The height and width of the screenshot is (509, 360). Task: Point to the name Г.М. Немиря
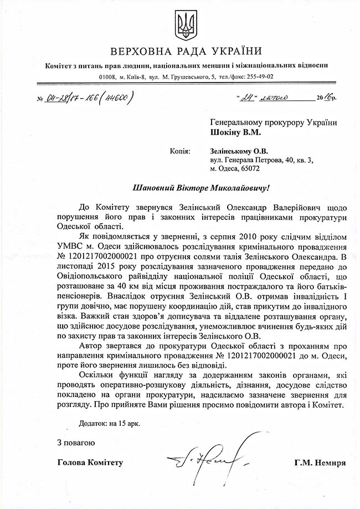pos(321,462)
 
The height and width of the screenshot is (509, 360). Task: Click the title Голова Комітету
pos(90,462)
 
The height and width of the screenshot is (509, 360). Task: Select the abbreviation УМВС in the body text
pos(70,245)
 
